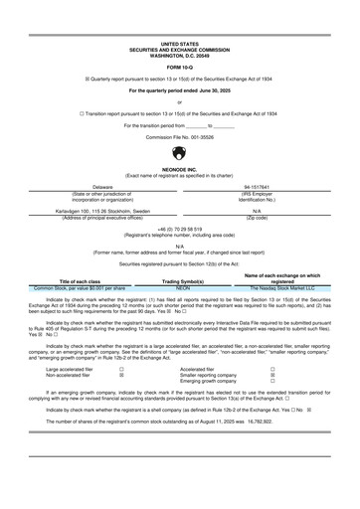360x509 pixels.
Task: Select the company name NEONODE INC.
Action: pyautogui.click(x=179, y=169)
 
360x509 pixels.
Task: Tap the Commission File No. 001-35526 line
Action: pyautogui.click(x=179, y=135)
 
